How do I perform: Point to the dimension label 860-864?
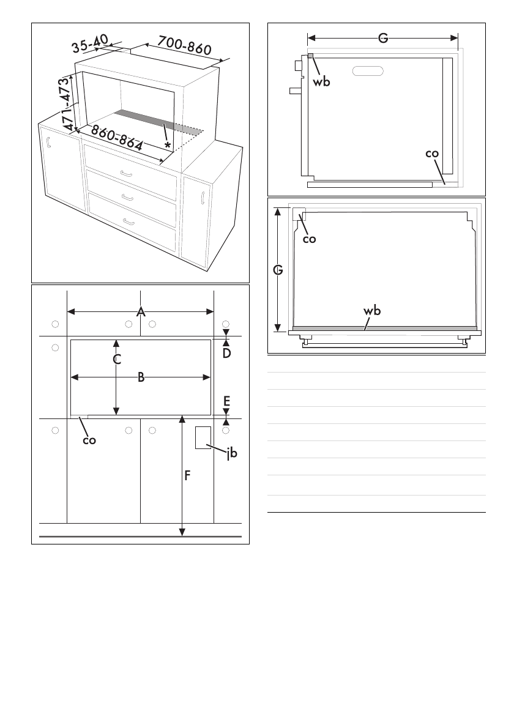coord(117,138)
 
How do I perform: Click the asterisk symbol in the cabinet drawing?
coord(167,146)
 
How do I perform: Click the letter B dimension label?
coord(141,377)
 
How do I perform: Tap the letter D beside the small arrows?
coord(226,353)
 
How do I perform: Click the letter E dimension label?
coord(226,401)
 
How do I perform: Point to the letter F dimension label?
coord(188,475)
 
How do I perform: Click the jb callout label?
coord(231,453)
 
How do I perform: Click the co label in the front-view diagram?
coord(89,439)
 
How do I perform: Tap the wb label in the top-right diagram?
coord(321,81)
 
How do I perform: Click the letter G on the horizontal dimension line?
coord(382,39)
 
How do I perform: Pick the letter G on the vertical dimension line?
coord(278,270)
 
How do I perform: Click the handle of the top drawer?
coord(129,174)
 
